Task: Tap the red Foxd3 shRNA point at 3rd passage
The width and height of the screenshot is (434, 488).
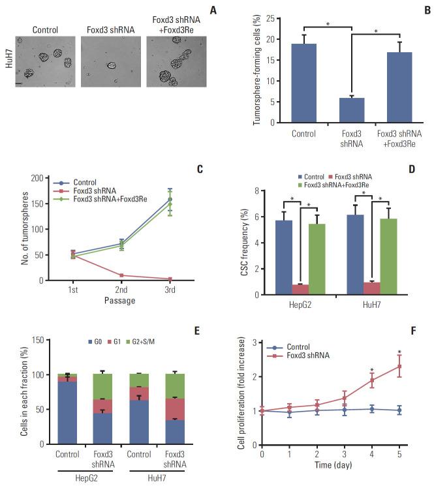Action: pyautogui.click(x=170, y=279)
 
